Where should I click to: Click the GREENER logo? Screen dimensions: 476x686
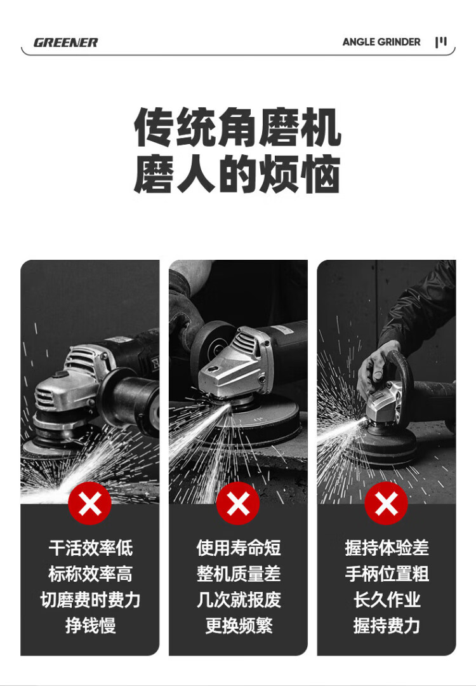[x=65, y=43]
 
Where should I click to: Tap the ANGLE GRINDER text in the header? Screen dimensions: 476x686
[x=381, y=42]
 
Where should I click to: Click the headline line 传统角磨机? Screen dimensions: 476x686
[x=237, y=127]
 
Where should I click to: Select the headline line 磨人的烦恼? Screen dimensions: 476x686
[x=237, y=173]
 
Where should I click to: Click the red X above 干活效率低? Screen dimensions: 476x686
[x=89, y=503]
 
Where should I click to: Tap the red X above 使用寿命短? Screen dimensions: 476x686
[x=238, y=503]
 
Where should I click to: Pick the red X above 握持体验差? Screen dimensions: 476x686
[x=386, y=503]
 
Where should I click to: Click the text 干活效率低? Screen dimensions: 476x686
[x=90, y=548]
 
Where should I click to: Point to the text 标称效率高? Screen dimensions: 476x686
[x=90, y=574]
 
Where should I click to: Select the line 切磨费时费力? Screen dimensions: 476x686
[x=90, y=600]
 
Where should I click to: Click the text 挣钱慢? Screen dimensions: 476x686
[x=90, y=625]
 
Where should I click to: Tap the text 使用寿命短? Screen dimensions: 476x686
[x=238, y=548]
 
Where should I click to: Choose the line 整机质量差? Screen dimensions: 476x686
[x=238, y=574]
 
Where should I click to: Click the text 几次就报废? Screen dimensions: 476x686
[x=238, y=600]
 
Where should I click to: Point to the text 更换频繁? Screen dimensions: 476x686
[x=238, y=625]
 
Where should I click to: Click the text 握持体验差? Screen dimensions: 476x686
[x=387, y=548]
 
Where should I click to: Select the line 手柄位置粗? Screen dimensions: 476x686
[x=387, y=574]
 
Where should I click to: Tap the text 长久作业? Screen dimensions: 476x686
[x=387, y=600]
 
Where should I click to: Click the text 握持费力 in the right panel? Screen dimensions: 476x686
[x=387, y=625]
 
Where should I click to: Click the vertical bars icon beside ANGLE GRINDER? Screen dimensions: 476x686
[x=441, y=42]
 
